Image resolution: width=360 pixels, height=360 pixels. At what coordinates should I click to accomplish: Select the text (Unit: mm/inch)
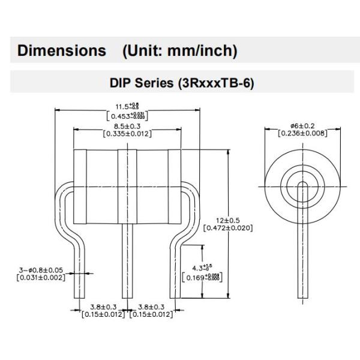[179, 51]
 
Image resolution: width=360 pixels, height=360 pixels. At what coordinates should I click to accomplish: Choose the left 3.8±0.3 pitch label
[103, 306]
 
